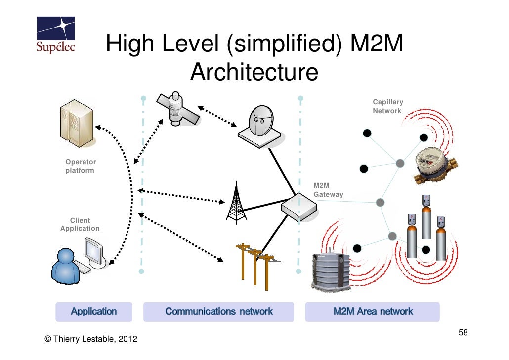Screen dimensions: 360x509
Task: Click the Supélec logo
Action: click(x=56, y=36)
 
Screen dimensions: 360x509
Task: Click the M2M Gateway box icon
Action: click(x=299, y=207)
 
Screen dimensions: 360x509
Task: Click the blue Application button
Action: click(x=94, y=312)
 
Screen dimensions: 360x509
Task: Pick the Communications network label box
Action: click(x=218, y=312)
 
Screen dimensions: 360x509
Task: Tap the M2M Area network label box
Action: click(x=373, y=312)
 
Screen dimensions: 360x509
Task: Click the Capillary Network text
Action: click(x=387, y=106)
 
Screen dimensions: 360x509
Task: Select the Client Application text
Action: click(x=80, y=225)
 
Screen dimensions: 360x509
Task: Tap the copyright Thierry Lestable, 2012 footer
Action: click(x=91, y=339)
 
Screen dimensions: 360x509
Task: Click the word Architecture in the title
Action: click(x=254, y=73)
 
